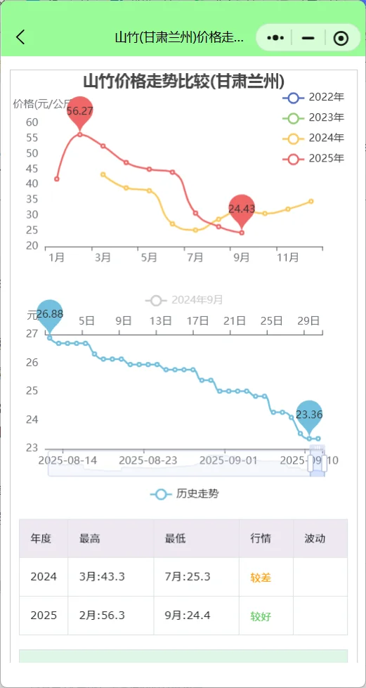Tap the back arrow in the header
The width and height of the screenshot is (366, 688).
[20, 37]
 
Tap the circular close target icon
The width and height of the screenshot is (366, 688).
[341, 38]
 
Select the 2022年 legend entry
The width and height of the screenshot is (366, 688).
[313, 97]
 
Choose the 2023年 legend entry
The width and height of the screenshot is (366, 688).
[313, 117]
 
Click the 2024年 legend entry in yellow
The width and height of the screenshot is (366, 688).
[313, 138]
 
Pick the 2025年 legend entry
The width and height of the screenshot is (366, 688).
[313, 158]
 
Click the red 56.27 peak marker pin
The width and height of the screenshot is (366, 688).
[80, 112]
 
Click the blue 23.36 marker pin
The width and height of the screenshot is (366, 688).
[309, 415]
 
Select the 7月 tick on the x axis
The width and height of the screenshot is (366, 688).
[195, 258]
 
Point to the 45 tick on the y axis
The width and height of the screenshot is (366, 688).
[32, 169]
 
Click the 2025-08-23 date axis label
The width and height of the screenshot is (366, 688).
[148, 460]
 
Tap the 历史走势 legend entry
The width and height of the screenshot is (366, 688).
[185, 494]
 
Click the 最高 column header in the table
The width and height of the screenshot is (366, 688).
[90, 538]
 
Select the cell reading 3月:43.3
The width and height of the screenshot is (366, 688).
[103, 577]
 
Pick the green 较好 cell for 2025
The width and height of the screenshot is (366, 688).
[261, 616]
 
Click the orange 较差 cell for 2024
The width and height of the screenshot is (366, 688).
[261, 578]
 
